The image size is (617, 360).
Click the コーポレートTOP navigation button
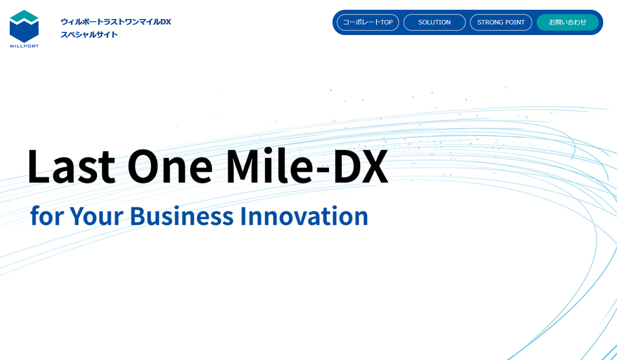(x=368, y=22)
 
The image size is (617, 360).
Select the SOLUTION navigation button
(x=434, y=22)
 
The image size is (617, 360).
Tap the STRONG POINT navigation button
(x=501, y=22)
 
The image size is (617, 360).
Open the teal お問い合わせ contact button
(x=568, y=22)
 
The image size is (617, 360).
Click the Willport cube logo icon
(x=24, y=26)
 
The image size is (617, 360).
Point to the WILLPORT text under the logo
(x=24, y=46)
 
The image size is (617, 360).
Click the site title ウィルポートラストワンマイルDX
(x=116, y=22)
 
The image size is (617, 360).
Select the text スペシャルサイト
(x=89, y=34)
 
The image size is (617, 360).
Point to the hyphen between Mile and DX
(x=322, y=169)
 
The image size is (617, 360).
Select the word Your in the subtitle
(x=96, y=215)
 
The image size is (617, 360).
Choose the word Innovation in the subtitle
(x=304, y=215)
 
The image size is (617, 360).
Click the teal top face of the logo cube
(x=24, y=16)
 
